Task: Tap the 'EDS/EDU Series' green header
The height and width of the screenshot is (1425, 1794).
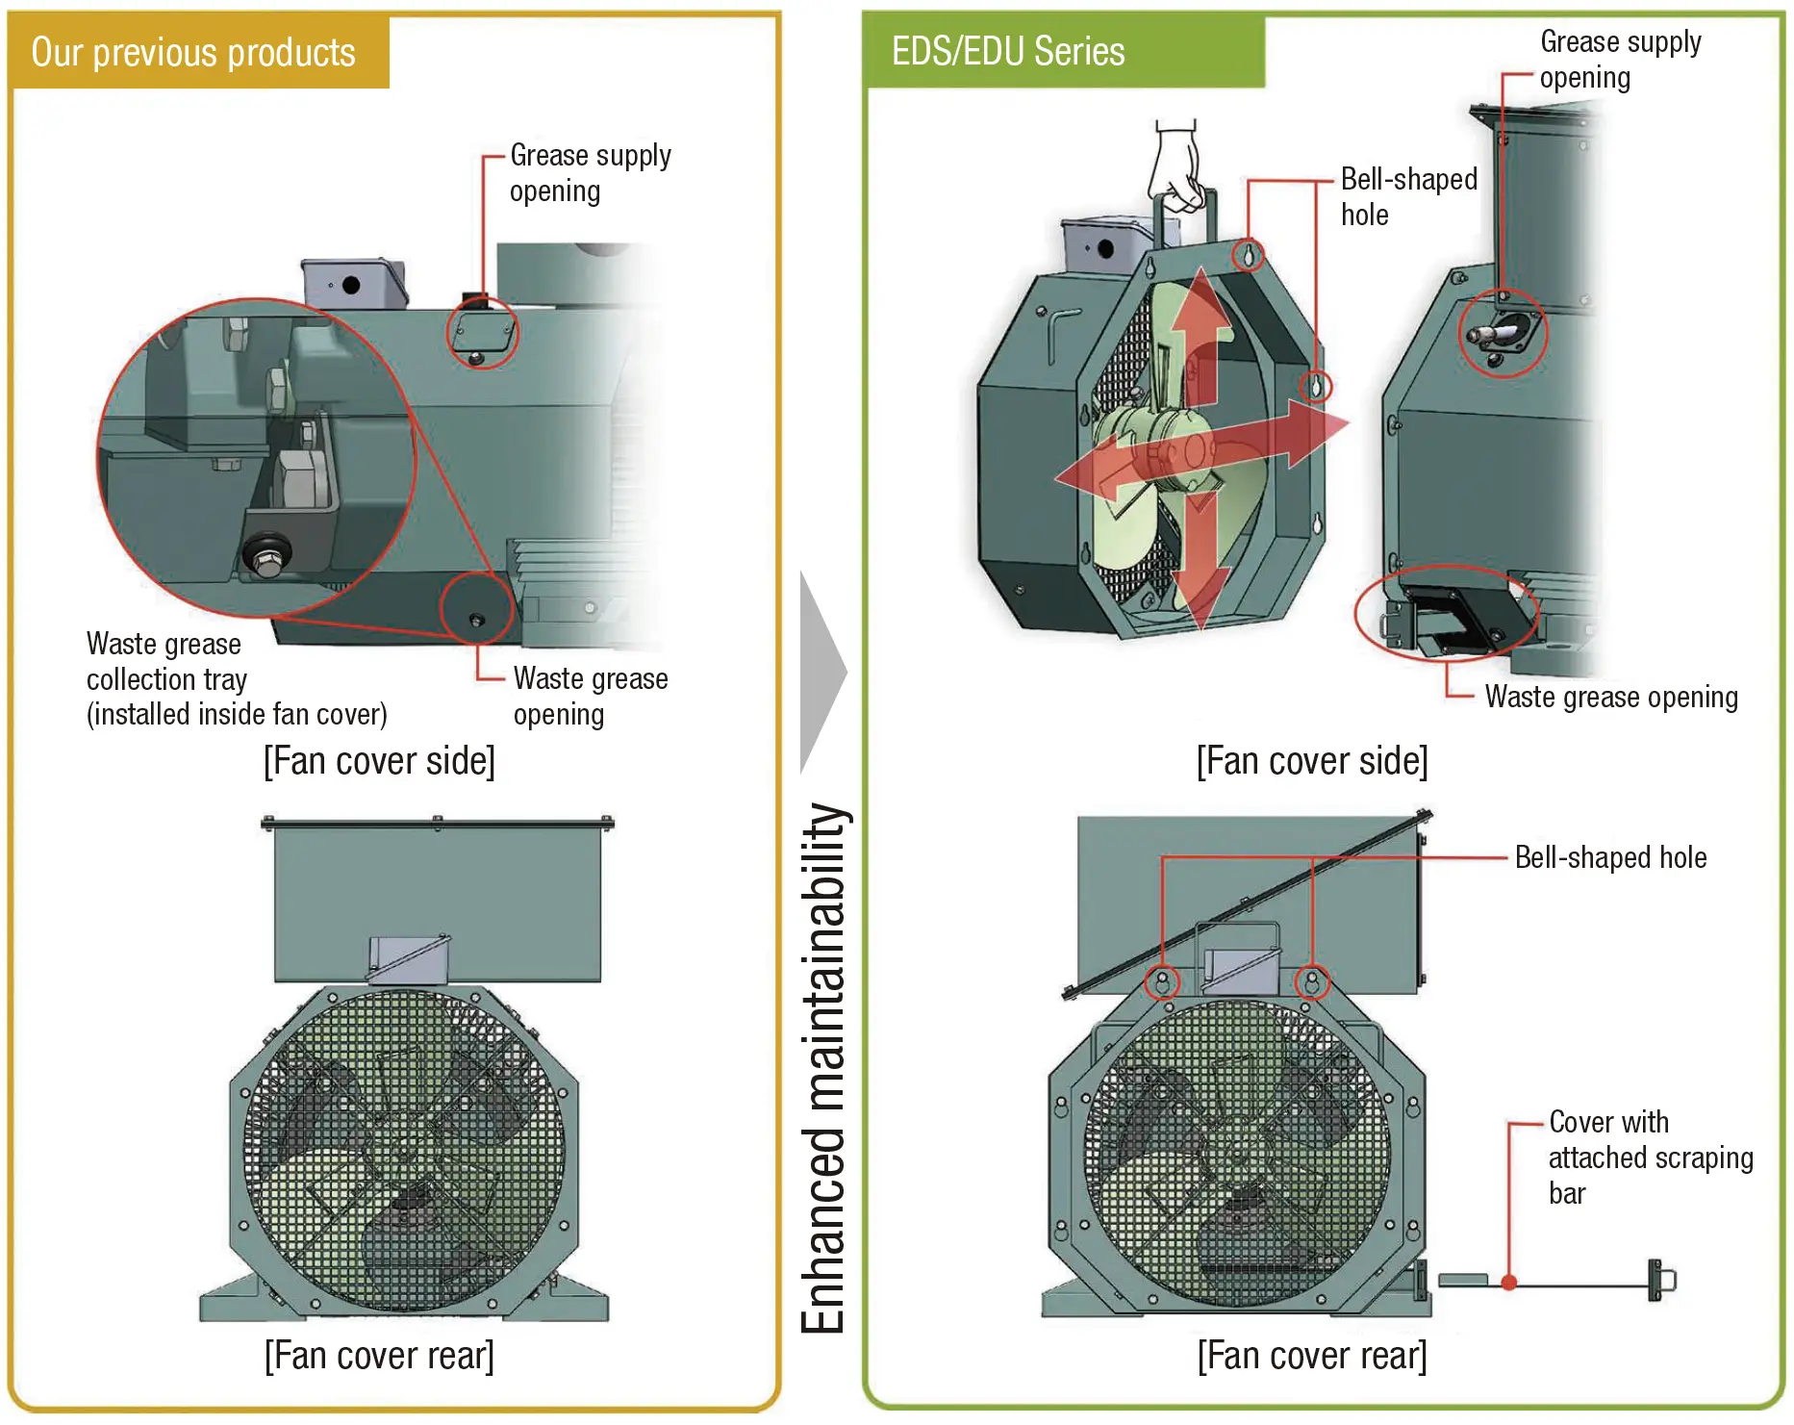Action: [1008, 51]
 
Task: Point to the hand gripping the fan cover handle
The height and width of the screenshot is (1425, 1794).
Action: [1175, 169]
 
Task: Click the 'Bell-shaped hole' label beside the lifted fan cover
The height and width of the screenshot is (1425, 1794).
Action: [1408, 196]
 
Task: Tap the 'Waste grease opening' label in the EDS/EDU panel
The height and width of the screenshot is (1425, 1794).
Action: [1611, 697]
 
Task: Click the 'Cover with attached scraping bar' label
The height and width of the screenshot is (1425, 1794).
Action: [1650, 1158]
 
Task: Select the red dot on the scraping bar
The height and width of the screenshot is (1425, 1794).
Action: [1509, 1283]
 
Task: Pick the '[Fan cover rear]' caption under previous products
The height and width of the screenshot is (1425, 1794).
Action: [379, 1355]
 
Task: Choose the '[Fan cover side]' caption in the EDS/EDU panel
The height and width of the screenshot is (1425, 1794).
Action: [1312, 761]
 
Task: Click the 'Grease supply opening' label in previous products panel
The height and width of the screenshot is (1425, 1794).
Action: [590, 173]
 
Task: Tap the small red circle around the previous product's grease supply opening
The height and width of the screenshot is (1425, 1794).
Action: [483, 333]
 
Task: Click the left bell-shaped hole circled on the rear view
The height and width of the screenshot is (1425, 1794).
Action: [1162, 982]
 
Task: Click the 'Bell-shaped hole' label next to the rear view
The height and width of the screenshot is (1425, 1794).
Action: [1610, 857]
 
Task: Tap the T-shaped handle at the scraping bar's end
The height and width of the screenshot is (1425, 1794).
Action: [1658, 1281]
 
